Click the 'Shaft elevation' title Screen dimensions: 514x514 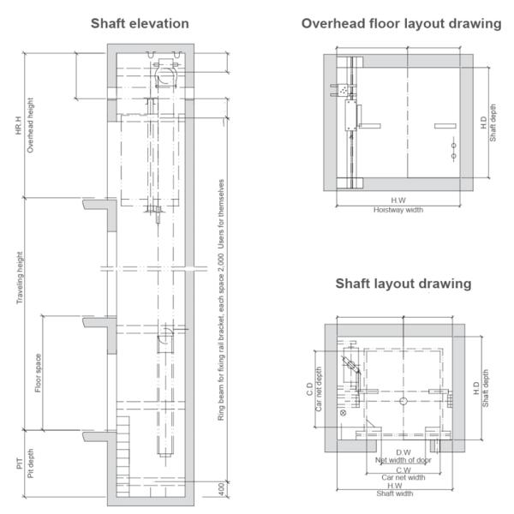[140, 24]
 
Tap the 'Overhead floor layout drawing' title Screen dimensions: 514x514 [401, 24]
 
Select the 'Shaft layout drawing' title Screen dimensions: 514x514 [403, 284]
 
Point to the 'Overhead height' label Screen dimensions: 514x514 [30, 125]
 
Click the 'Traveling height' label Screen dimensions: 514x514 [20, 278]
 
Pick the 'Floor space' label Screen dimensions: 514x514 [38, 373]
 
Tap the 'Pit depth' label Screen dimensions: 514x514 [31, 463]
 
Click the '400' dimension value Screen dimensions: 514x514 [222, 489]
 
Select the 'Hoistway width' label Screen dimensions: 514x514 [398, 210]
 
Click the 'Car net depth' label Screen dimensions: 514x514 [319, 389]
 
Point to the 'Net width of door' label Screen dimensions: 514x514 [403, 460]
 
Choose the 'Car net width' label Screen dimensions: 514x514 [403, 478]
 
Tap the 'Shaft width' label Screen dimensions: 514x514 [395, 493]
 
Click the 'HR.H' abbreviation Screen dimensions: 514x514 [18, 125]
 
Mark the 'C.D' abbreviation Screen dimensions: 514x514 [309, 389]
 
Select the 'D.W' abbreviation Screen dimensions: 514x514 [403, 452]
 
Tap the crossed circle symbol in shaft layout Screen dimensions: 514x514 [344, 413]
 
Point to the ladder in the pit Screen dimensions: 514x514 [123, 457]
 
